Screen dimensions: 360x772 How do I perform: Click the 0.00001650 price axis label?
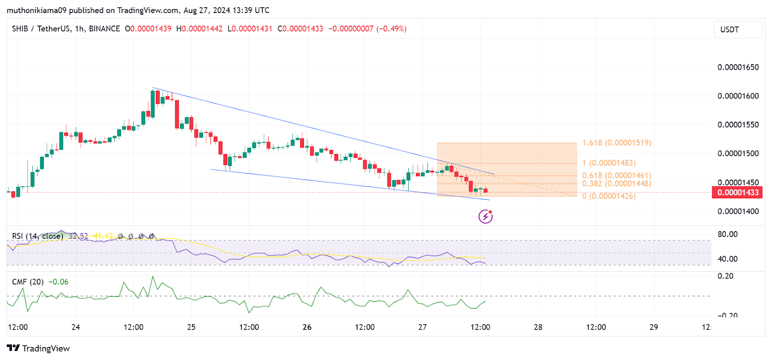738,67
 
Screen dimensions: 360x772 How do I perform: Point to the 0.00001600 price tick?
738,96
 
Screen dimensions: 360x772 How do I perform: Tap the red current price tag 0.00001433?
737,193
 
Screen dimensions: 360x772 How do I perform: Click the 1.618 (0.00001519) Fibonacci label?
616,143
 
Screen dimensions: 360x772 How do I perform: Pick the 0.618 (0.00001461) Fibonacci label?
616,176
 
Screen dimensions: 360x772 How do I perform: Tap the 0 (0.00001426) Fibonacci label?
608,196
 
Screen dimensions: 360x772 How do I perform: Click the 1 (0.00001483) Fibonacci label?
608,163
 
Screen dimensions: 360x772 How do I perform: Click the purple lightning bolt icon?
485,217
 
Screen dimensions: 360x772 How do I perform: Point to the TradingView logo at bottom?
39,348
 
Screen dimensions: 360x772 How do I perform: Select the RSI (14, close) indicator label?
37,236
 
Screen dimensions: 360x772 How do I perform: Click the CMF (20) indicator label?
28,282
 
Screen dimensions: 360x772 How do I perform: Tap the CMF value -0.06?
59,282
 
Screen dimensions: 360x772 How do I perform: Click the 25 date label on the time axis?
191,327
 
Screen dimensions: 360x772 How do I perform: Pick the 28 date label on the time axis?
538,327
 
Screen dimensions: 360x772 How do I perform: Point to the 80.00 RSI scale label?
727,235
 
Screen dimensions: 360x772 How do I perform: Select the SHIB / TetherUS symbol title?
41,29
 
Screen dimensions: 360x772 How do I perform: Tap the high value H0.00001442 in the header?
199,29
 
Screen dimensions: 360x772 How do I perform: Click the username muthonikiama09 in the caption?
37,10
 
